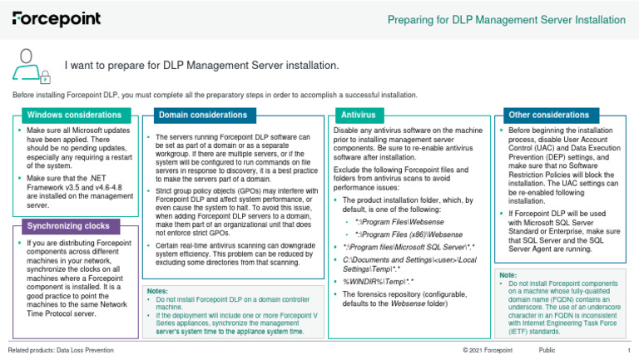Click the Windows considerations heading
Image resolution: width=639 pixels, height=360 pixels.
point(74,114)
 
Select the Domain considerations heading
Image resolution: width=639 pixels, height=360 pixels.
point(202,114)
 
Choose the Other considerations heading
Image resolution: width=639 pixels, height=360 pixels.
point(537,114)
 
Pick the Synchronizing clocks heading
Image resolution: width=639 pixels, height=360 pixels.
point(67,225)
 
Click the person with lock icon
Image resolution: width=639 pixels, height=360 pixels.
point(32,65)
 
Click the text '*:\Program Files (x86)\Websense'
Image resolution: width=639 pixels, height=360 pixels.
point(397,234)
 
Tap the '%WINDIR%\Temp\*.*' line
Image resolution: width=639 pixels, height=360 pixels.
point(381,282)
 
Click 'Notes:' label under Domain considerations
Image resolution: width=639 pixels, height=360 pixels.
point(157,292)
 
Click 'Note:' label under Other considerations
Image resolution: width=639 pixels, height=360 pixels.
point(508,274)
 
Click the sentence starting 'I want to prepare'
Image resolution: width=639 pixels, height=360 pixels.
point(202,65)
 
